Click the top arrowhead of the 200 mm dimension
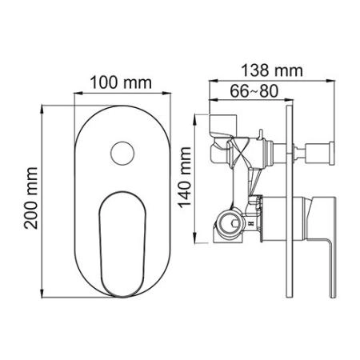(x=43, y=104)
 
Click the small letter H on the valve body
(x=250, y=226)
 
